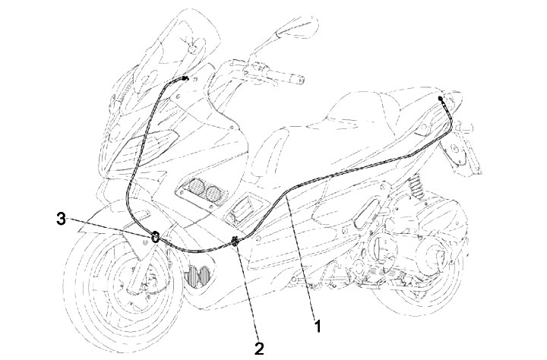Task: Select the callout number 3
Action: (61, 219)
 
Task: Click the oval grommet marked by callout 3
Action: (155, 238)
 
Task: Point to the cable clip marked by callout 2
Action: (235, 241)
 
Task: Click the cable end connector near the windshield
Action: (185, 78)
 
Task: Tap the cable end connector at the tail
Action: (441, 99)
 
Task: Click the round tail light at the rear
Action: (457, 150)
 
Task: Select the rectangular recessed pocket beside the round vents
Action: (244, 210)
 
